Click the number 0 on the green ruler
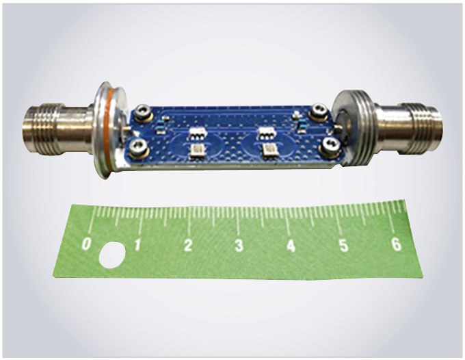[86, 245]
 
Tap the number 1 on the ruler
[137, 245]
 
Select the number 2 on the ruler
[188, 246]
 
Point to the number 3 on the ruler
[239, 246]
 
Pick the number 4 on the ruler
[291, 246]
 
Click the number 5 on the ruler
[343, 245]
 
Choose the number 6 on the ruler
[396, 244]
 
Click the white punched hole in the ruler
[111, 255]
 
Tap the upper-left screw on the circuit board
[144, 112]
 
